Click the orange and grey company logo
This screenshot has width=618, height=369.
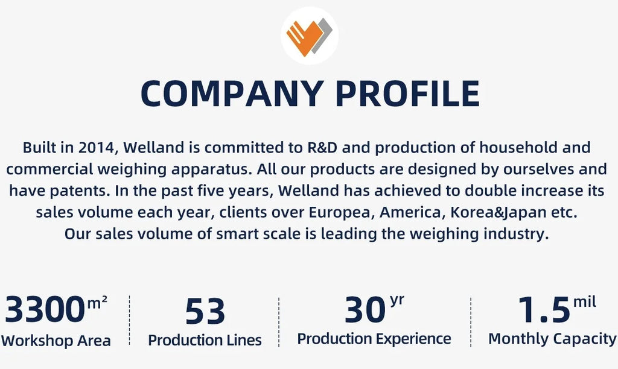coord(310,36)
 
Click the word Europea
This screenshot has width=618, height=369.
coord(342,213)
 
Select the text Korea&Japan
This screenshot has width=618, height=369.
coord(498,213)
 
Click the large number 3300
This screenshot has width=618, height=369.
coord(45,309)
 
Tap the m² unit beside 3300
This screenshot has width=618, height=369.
coord(97,303)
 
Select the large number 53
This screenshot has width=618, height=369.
coord(205,311)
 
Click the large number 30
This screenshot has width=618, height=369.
coord(365,309)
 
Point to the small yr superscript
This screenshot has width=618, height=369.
coord(397,301)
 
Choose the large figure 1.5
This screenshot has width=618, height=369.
coord(544,309)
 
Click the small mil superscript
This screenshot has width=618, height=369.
coord(584,301)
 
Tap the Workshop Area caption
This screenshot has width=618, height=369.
coord(56,341)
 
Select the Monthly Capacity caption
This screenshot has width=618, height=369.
coord(552,339)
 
